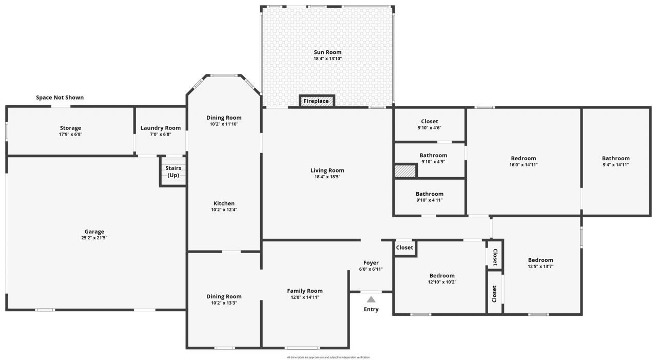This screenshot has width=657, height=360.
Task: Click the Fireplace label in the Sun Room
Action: coord(316,101)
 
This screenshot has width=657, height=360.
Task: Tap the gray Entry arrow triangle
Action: coord(371,299)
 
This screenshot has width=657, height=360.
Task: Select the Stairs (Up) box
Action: coord(173,172)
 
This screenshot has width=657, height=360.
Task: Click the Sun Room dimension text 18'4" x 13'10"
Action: coord(327,59)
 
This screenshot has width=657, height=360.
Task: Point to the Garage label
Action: coord(94,232)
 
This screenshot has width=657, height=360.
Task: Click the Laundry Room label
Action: coord(161,128)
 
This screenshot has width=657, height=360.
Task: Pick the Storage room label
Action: coord(70,128)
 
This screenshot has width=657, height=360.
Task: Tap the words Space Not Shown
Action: coord(60,98)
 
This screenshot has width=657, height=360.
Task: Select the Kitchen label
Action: coord(224,203)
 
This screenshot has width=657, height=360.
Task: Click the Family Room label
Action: coord(305,291)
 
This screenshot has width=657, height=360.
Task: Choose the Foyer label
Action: coord(371,263)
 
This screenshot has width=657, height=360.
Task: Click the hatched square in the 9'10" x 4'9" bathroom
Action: coord(404,171)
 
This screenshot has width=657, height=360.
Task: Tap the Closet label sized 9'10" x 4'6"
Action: coord(429,122)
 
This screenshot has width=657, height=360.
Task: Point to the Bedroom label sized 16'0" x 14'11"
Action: coord(523,158)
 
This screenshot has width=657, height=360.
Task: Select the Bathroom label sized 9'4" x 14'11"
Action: coord(615,158)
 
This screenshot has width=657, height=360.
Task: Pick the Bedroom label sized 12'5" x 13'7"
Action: coord(540,260)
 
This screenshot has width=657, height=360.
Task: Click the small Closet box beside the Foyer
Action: coord(404,248)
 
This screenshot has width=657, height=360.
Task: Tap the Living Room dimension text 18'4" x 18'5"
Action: coord(327,177)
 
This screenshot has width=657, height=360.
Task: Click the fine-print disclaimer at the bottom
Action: coord(328,357)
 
